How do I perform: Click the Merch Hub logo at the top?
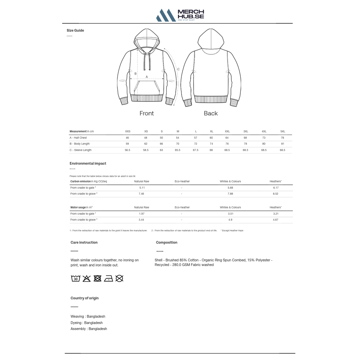[x=180, y=15]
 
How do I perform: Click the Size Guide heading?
[x=75, y=30]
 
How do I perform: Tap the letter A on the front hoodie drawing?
[x=147, y=77]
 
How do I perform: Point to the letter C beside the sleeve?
[x=178, y=69]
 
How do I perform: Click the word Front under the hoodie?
[x=147, y=113]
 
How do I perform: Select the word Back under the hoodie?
[x=211, y=113]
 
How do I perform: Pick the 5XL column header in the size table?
[x=283, y=131]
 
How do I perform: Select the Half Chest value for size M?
[x=177, y=138]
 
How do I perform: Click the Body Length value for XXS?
[x=127, y=144]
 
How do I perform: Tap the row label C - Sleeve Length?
[x=81, y=150]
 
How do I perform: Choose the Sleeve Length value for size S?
[x=161, y=150]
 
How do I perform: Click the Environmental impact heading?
[x=88, y=163]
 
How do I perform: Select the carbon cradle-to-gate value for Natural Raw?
[x=142, y=188]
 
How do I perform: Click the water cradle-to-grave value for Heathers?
[x=276, y=220]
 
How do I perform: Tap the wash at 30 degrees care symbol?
[x=76, y=278]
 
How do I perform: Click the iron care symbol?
[x=108, y=278]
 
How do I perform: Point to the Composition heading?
[x=167, y=242]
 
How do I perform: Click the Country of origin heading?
[x=85, y=298]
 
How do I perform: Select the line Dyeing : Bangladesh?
[x=87, y=323]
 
